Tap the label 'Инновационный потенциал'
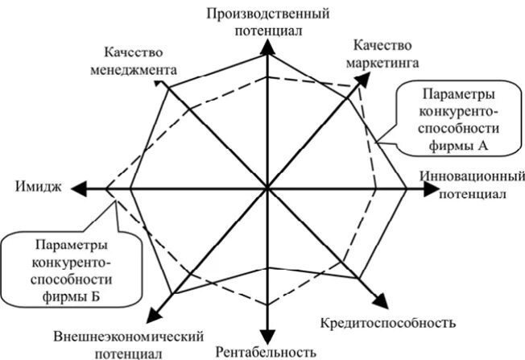(473, 184)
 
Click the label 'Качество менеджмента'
(139, 60)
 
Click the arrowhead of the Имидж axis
(78, 188)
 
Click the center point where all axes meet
(267, 188)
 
